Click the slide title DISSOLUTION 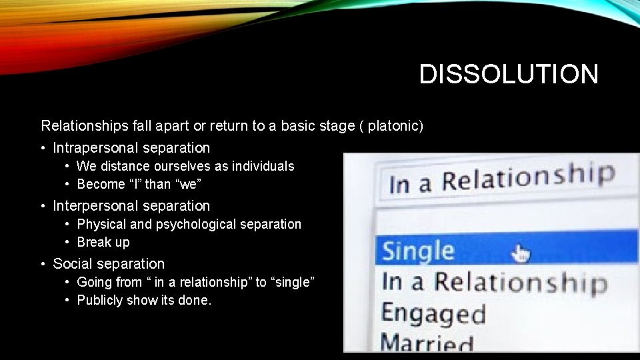pos(509,74)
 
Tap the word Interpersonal pos(95,206)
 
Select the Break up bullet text pos(103,242)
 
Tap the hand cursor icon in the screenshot pos(521,253)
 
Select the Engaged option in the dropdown pos(433,313)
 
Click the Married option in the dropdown pos(427,343)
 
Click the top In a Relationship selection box pos(501,179)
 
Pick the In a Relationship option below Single pos(493,282)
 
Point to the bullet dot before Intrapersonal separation pos(43,148)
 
